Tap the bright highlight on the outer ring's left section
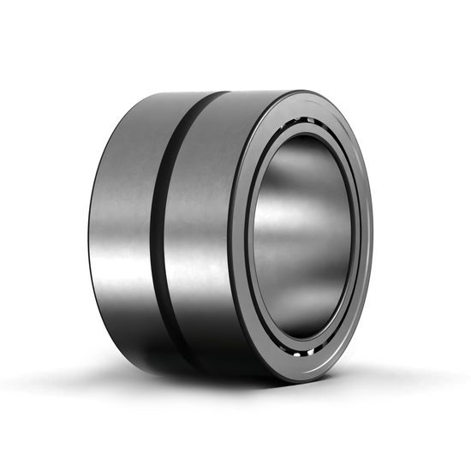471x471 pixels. pyautogui.click(x=120, y=257)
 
